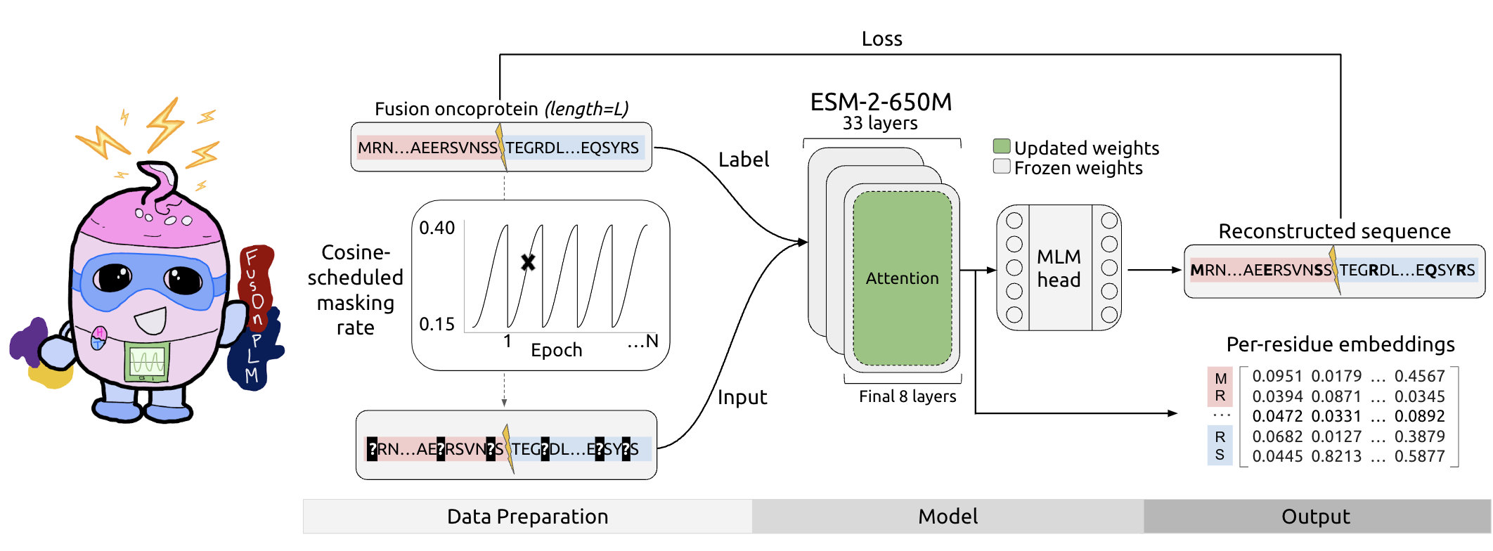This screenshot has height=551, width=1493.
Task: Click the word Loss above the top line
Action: (x=881, y=39)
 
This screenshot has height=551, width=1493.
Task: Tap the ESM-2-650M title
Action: (x=881, y=103)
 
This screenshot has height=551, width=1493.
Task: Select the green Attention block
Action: (x=902, y=278)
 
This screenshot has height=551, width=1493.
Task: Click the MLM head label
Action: (x=1059, y=268)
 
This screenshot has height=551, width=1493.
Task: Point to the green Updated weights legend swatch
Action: (x=1002, y=147)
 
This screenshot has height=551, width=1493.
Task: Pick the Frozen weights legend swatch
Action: (x=1002, y=167)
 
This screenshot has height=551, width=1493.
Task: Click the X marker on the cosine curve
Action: (x=528, y=262)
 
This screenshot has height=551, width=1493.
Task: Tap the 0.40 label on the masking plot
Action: (x=437, y=228)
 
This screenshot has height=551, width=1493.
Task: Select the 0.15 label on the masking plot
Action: (x=437, y=324)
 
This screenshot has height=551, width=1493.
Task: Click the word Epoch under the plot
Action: (x=556, y=350)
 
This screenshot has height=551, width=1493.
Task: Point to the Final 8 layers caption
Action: (x=907, y=396)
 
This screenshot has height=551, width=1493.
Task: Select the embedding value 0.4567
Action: (x=1419, y=376)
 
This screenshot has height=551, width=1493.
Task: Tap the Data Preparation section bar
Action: (x=527, y=517)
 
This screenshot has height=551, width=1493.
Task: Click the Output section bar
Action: (x=1316, y=517)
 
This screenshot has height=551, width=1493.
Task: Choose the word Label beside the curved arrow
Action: (x=743, y=160)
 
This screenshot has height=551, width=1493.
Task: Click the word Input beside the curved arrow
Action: (x=742, y=397)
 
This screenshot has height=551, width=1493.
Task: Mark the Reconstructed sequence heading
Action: (x=1334, y=231)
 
